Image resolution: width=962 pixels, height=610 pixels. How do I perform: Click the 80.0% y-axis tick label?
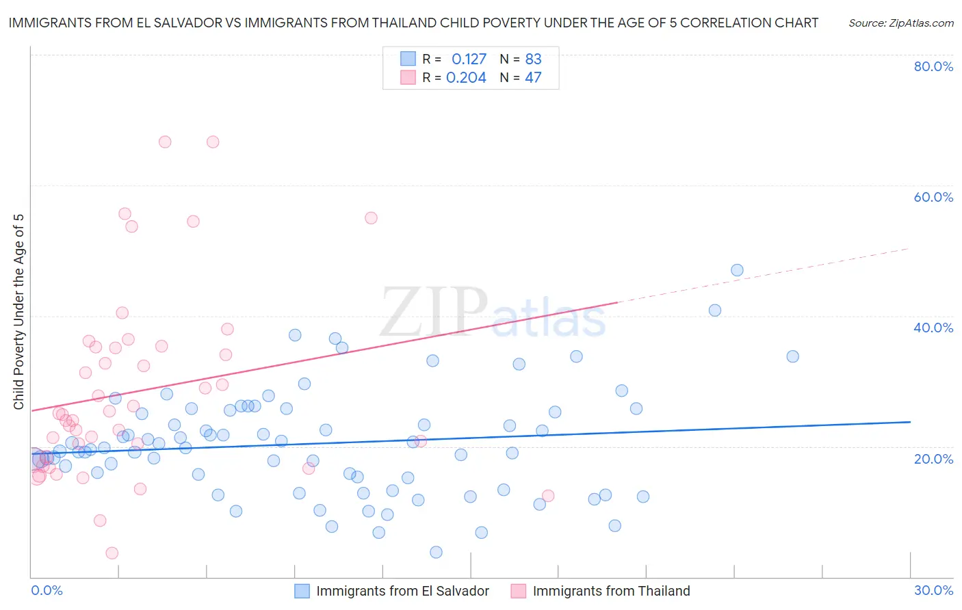click(x=933, y=66)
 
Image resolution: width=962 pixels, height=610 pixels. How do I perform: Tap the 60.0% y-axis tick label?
click(x=933, y=197)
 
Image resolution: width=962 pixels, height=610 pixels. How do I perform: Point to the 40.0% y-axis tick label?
click(x=933, y=328)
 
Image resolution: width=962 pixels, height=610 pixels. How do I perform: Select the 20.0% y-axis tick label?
click(x=933, y=458)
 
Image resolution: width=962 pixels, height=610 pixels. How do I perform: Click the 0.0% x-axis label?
click(x=47, y=590)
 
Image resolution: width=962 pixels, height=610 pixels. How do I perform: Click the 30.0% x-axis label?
click(x=933, y=590)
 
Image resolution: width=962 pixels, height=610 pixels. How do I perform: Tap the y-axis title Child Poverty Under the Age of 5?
click(x=19, y=312)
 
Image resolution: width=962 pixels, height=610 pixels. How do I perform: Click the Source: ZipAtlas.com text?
click(x=900, y=23)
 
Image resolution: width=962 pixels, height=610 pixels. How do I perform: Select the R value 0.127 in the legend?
click(x=469, y=59)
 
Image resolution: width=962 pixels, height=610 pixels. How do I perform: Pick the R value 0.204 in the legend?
click(x=466, y=78)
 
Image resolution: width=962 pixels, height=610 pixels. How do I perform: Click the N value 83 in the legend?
click(x=533, y=59)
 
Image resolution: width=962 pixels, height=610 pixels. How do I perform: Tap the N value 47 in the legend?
click(x=533, y=78)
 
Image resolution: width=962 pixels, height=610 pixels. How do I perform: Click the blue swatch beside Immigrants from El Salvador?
click(x=302, y=591)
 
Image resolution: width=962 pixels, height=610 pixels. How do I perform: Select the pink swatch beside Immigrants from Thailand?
click(x=519, y=591)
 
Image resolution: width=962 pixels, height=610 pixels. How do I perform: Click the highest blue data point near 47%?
click(x=737, y=270)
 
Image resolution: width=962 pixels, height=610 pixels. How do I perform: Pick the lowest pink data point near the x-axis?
click(x=112, y=553)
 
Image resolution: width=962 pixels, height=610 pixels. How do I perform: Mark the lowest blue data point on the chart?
click(x=436, y=552)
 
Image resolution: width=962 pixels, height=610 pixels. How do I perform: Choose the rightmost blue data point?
click(x=792, y=356)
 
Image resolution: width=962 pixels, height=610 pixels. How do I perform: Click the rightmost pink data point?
click(x=547, y=496)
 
